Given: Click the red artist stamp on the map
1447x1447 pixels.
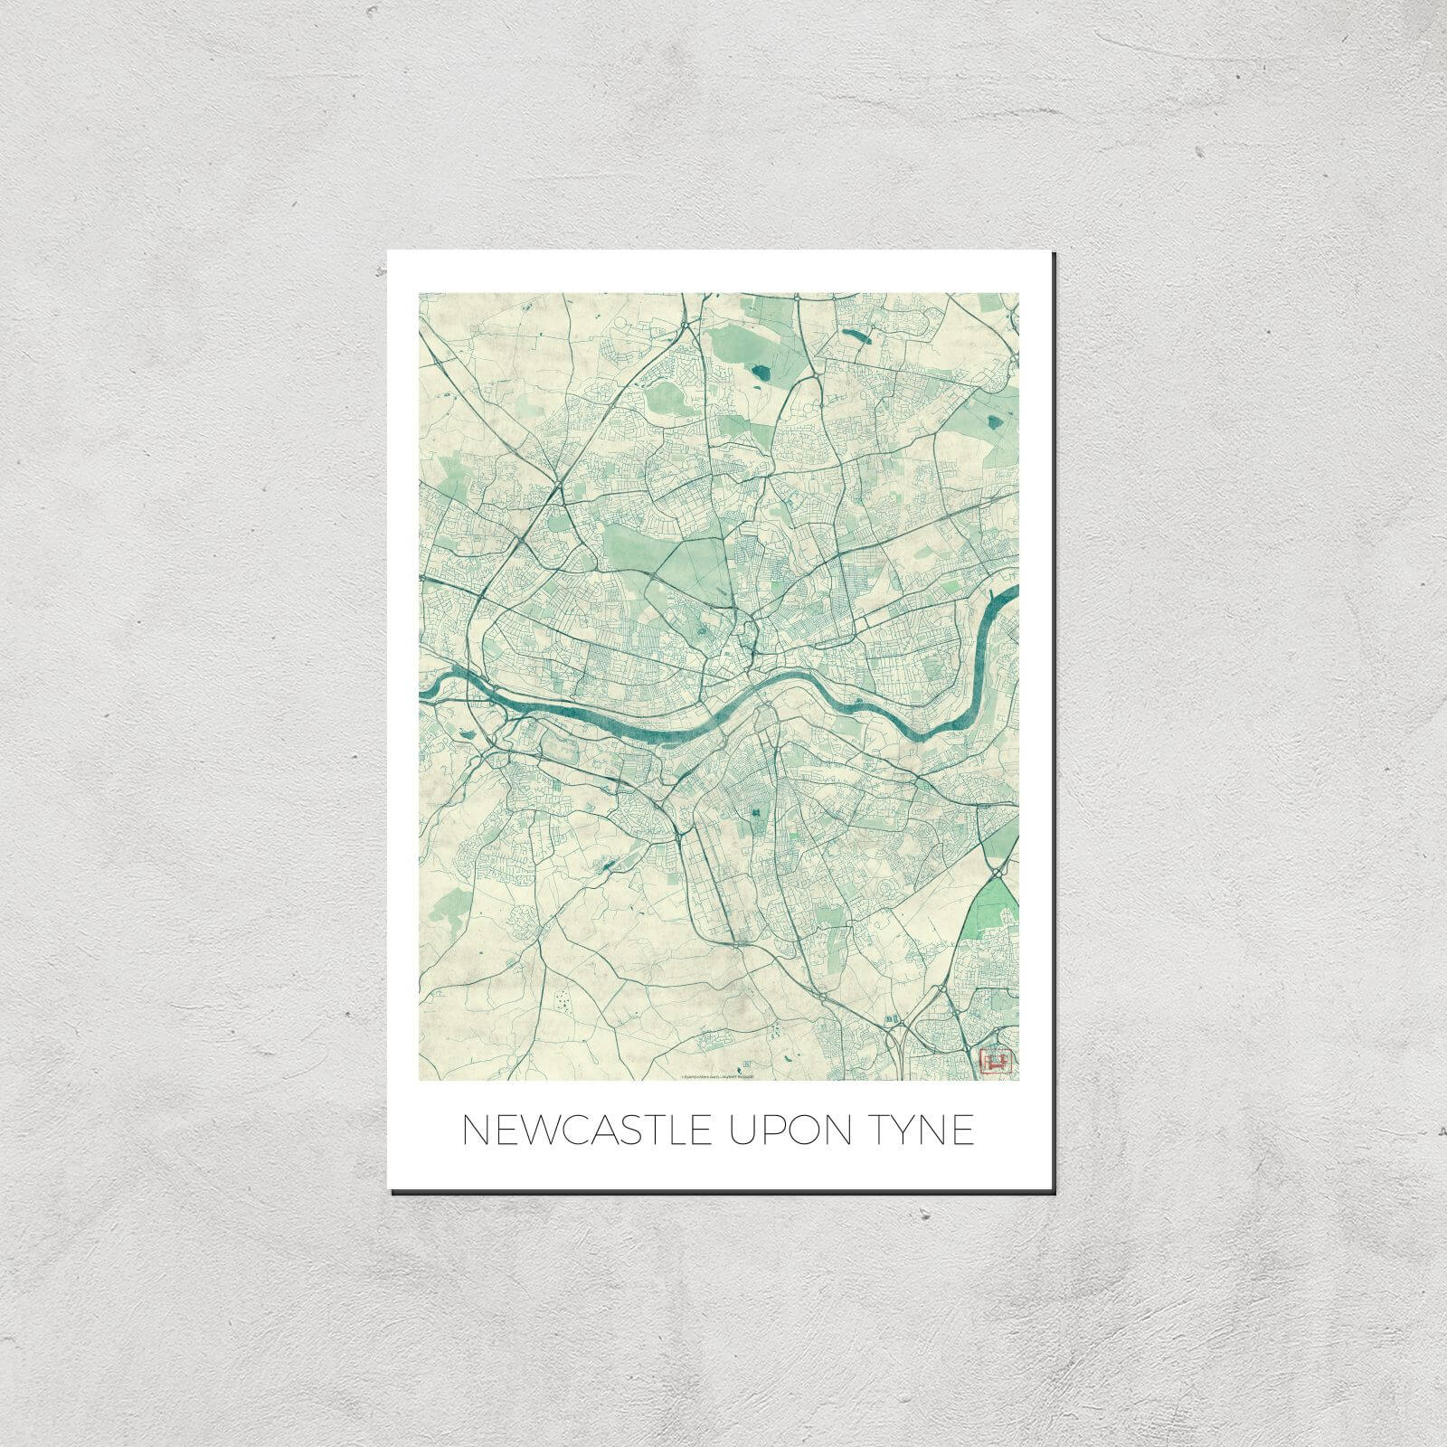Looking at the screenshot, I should pyautogui.click(x=992, y=1059).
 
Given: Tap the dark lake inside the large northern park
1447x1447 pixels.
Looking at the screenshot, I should pyautogui.click(x=758, y=372).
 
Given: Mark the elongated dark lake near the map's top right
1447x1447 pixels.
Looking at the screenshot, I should pyautogui.click(x=853, y=336).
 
